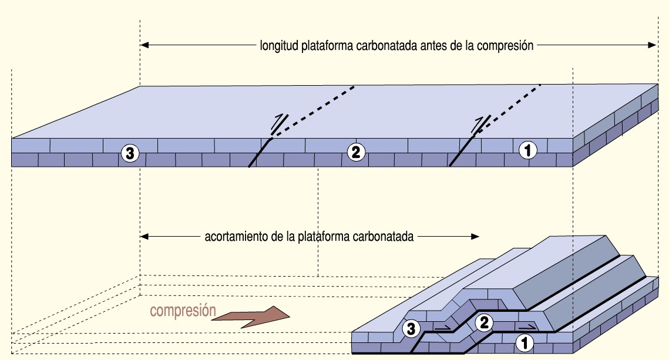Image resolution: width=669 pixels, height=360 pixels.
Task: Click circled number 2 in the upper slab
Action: point(355,153)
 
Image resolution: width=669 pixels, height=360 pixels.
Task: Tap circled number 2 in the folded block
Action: point(483,322)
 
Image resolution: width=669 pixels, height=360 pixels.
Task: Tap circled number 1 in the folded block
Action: point(523,342)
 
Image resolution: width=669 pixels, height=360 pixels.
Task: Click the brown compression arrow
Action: point(251,317)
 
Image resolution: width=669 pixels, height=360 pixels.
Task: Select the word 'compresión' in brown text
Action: point(183,311)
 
